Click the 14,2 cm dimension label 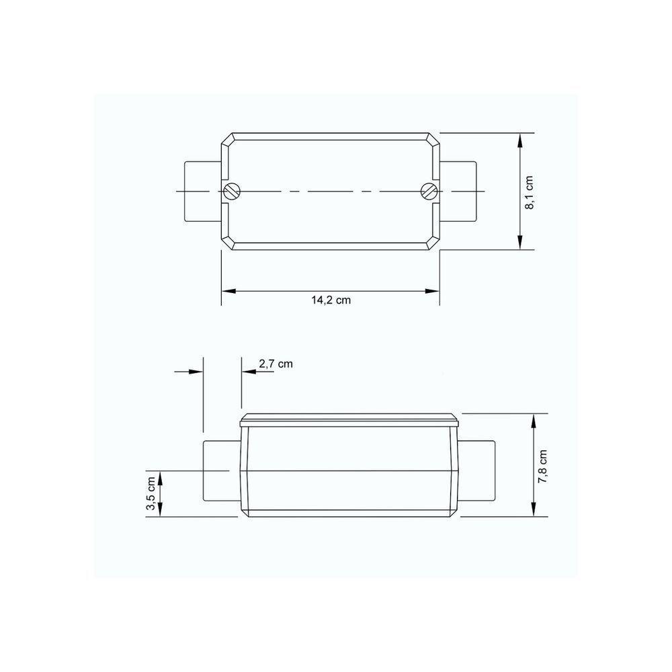[331, 300]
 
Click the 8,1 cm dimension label [530, 193]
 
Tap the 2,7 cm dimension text [276, 364]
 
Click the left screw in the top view [233, 192]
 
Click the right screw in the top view [428, 192]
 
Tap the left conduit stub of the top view [202, 192]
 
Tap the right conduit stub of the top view [459, 192]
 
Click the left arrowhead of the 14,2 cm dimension [228, 291]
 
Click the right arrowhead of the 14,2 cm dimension [433, 291]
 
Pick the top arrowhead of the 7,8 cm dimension [534, 419]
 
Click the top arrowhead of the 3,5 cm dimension [161, 476]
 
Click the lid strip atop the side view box [349, 422]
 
